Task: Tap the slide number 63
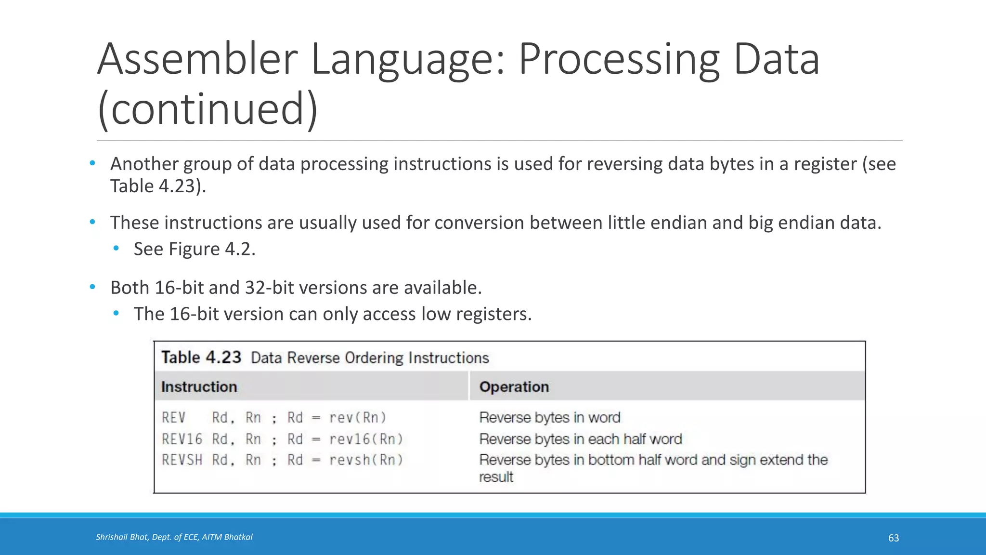point(893,538)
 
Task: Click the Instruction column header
point(199,387)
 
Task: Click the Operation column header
point(514,387)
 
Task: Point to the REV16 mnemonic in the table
point(182,439)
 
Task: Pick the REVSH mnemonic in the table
point(182,460)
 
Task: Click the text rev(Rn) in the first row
point(357,418)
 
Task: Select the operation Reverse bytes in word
point(549,418)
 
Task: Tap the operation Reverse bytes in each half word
point(580,439)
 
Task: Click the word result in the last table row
point(496,477)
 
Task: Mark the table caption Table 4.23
point(201,357)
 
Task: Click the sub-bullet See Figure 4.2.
point(194,249)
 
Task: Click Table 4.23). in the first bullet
point(158,186)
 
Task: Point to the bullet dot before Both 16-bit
point(92,287)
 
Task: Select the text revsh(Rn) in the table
point(366,460)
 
